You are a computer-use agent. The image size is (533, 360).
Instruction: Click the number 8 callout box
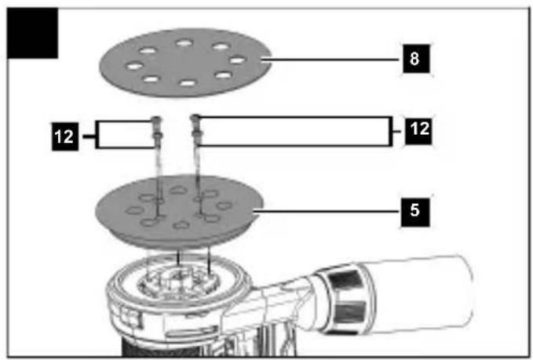coord(416,58)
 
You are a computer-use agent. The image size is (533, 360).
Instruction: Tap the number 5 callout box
coord(415,212)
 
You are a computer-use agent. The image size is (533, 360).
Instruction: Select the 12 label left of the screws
coord(65,136)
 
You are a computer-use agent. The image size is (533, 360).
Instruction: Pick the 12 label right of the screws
coord(419,130)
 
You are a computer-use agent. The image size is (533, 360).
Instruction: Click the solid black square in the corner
coord(32,33)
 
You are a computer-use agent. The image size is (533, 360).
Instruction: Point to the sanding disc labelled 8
coord(185,63)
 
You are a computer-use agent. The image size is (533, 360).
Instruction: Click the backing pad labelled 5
coord(180,211)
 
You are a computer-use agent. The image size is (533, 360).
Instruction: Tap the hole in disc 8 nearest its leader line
coord(237,60)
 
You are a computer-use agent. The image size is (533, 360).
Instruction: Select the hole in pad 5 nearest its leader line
coord(224,205)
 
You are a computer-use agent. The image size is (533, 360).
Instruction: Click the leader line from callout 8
coord(331,60)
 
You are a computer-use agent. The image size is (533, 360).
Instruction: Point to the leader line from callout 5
coord(327,212)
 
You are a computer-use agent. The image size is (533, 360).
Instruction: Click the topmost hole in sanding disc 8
coord(184,43)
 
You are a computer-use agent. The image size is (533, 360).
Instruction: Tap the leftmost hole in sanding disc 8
coord(134,65)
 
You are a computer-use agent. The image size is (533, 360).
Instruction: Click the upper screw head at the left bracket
coord(155,119)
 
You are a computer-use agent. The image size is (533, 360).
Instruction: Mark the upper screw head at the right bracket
coord(195,118)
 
